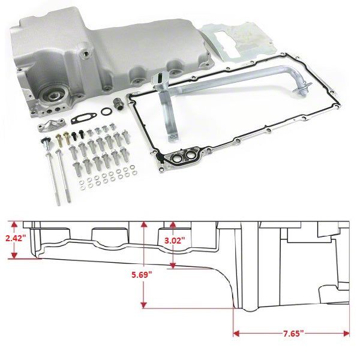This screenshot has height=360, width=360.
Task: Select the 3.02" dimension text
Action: click(175, 239)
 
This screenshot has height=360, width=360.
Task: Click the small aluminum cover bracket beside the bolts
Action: click(50, 127)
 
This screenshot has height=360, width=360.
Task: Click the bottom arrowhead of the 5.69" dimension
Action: click(143, 305)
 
